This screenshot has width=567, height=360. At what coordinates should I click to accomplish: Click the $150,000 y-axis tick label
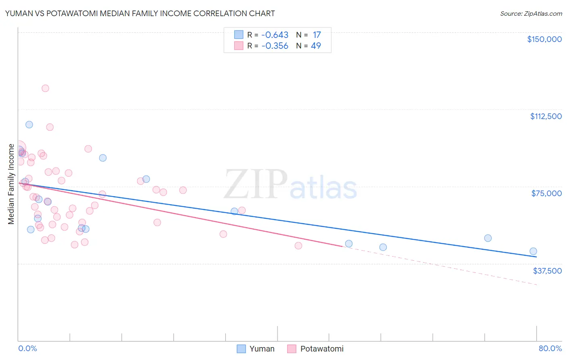click(x=544, y=39)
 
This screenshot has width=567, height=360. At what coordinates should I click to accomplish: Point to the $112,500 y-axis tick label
click(x=546, y=116)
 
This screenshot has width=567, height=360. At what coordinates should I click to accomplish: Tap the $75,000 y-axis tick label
click(x=546, y=193)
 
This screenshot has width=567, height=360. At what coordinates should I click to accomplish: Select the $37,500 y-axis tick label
click(x=547, y=271)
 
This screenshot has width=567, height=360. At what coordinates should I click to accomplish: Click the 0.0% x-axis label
click(x=27, y=349)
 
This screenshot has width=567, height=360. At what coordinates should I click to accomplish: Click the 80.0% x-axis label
click(x=550, y=349)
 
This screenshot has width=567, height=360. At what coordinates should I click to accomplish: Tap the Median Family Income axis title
click(x=11, y=184)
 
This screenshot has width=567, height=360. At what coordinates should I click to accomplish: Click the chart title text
click(x=140, y=13)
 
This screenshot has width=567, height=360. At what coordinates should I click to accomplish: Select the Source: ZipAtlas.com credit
click(x=531, y=14)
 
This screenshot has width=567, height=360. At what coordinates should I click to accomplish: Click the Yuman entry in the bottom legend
click(x=262, y=349)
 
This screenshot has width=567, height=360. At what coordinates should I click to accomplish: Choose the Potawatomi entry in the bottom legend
click(x=321, y=349)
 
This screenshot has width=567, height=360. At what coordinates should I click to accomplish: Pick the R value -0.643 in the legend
click(x=275, y=35)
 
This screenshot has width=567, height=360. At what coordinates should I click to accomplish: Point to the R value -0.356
click(x=275, y=46)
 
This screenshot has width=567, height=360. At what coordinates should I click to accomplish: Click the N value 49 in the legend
click(x=316, y=46)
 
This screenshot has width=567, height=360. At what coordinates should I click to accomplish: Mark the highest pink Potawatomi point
click(x=45, y=88)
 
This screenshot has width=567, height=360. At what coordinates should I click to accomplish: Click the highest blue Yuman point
click(x=29, y=124)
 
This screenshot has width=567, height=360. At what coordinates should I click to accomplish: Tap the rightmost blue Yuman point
click(x=533, y=251)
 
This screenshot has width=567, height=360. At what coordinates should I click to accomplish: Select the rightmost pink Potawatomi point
click(x=298, y=245)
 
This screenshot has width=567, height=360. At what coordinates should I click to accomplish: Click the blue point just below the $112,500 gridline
click(x=29, y=124)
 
